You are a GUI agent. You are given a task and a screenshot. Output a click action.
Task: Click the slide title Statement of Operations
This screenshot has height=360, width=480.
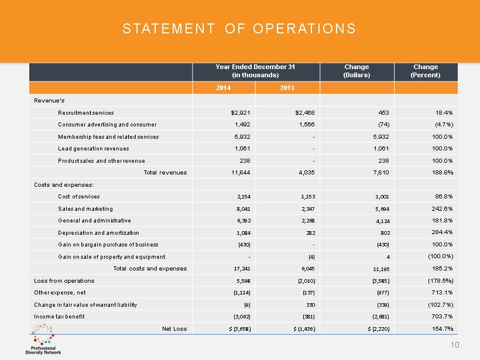pos(239,29)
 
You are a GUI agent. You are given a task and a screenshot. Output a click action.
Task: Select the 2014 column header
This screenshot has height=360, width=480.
pos(224,88)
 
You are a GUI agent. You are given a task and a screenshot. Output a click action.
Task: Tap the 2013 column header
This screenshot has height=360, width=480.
pos(286,88)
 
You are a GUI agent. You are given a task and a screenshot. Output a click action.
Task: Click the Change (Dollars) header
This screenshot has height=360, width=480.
pos(356,71)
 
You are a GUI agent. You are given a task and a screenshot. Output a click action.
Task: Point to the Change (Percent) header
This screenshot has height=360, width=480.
pos(425,71)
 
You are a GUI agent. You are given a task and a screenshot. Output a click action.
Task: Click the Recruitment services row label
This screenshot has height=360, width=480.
pos(86,112)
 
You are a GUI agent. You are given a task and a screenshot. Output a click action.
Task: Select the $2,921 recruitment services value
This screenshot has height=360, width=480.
pos(234,112)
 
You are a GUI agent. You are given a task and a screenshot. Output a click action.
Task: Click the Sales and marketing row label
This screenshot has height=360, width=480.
pos(85,208)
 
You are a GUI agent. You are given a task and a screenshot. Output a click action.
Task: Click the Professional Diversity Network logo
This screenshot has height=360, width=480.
pos(43,343)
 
